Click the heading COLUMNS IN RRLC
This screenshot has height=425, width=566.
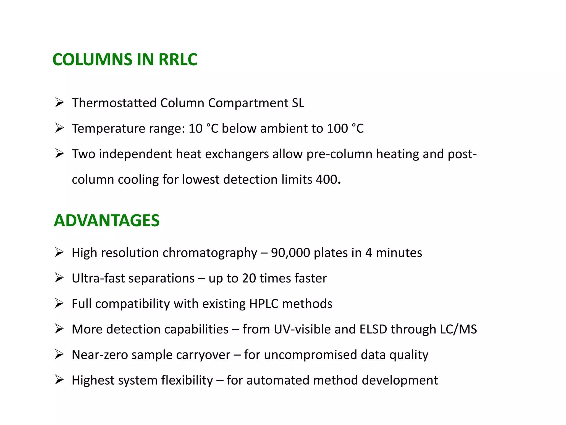pos(125,59)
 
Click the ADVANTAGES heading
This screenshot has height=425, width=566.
pos(107,221)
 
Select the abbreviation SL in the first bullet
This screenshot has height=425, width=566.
pos(298,103)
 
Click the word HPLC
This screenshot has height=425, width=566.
pos(264,304)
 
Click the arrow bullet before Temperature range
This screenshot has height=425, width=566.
pos(59,128)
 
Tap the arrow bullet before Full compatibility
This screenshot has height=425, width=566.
pos(59,303)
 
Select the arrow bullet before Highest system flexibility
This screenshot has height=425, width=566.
pos(59,380)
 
